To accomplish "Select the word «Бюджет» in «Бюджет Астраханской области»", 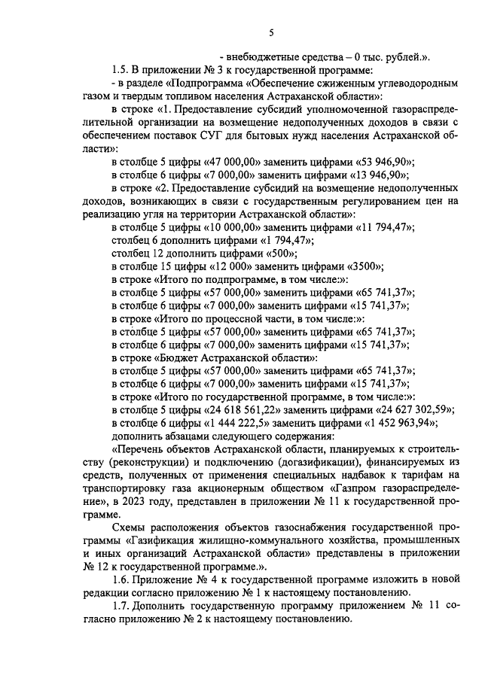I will pos(178,357).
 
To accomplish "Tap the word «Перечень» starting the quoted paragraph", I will pos(138,449).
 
